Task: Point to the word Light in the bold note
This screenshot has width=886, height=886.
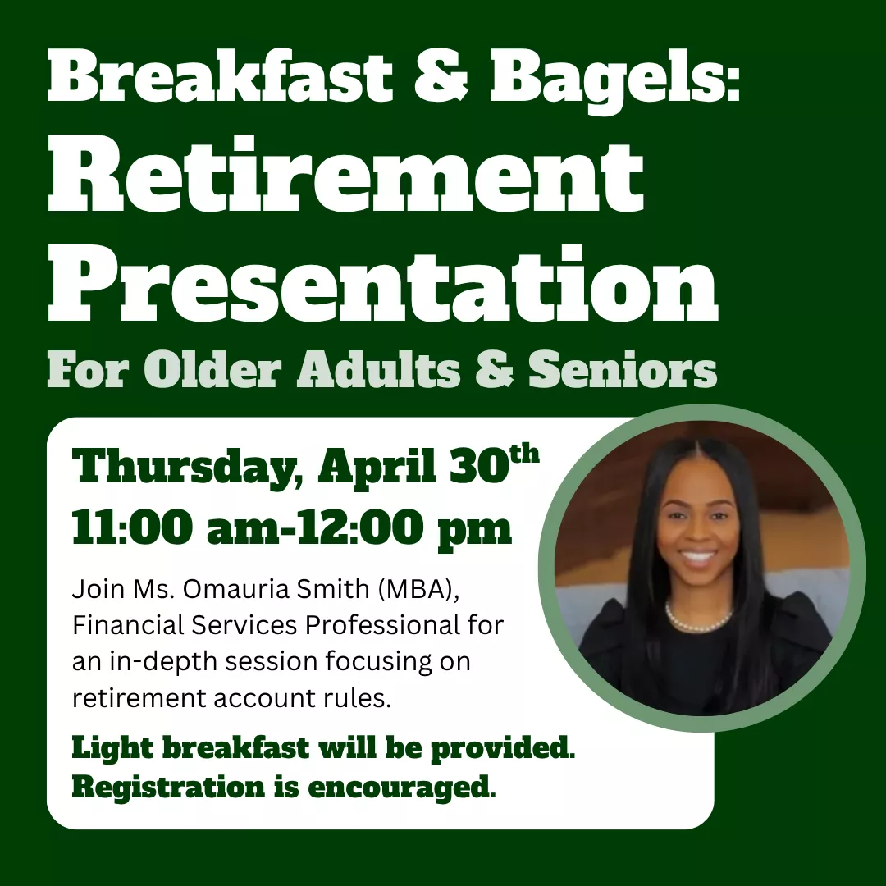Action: (106, 748)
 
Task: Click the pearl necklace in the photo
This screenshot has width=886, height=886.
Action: (698, 618)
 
